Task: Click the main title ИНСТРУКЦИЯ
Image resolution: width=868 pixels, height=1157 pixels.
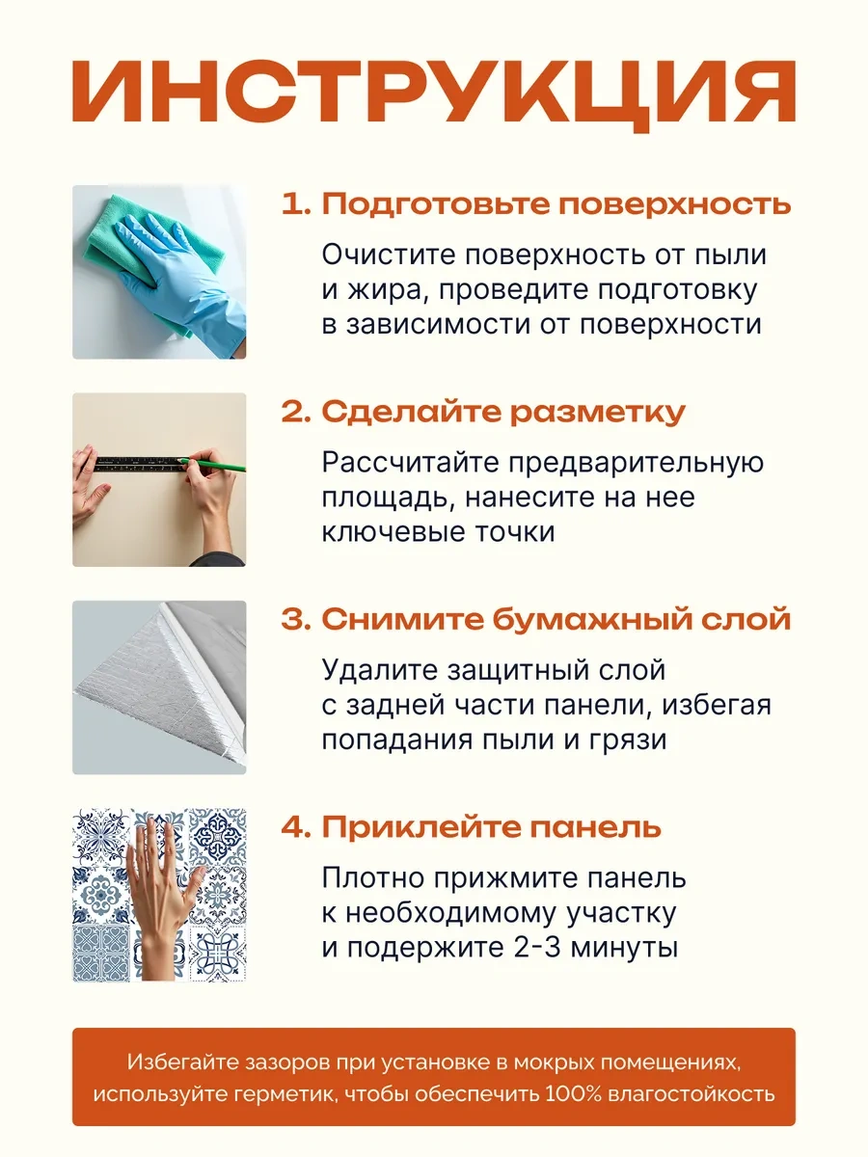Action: pos(434,95)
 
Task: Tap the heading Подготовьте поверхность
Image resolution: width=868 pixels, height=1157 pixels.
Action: pos(536,204)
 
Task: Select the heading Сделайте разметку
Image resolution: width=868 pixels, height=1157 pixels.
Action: pos(483,412)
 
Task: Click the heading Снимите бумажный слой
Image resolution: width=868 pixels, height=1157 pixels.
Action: pos(536,619)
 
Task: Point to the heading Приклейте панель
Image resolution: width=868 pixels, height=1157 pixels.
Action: pos(472,827)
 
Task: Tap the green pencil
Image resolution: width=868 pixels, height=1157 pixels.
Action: pos(212,465)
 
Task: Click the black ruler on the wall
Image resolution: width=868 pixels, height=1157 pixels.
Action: pos(141,464)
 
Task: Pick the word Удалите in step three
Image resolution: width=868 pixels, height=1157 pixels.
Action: pos(379,670)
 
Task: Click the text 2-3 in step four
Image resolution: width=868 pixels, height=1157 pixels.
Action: pos(536,948)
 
